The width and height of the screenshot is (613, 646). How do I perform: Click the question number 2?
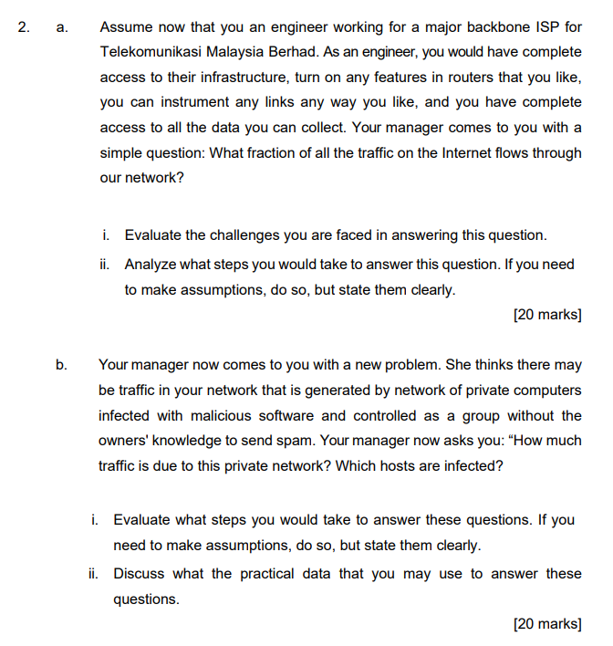point(23,27)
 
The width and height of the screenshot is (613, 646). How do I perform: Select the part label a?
point(60,27)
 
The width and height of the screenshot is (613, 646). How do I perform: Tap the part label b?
point(60,365)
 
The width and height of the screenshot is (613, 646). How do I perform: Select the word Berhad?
point(293,53)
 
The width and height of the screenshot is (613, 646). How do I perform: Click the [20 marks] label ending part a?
point(547,315)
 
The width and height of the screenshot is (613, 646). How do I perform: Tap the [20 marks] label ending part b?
point(547,624)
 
